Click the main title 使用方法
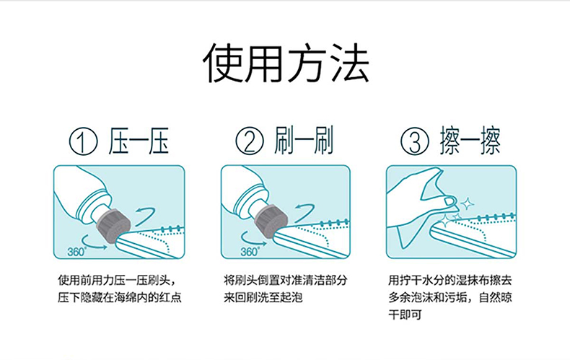286,62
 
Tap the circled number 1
83,141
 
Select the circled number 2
250,141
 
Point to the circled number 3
415,141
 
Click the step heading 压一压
139,141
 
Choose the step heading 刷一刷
304,141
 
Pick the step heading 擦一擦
470,141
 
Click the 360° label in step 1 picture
76,251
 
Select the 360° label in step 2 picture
250,251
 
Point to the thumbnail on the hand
450,201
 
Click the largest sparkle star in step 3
467,203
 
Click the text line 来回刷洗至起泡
263,297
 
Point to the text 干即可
405,315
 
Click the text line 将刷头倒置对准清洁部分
286,281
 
